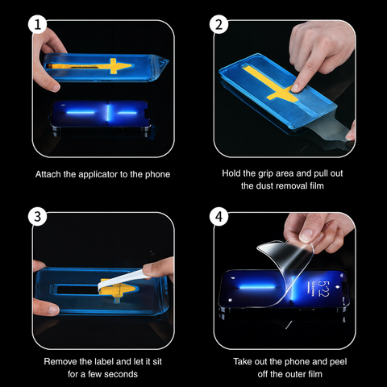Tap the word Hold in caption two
tap(231, 173)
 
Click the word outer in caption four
tap(285, 375)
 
